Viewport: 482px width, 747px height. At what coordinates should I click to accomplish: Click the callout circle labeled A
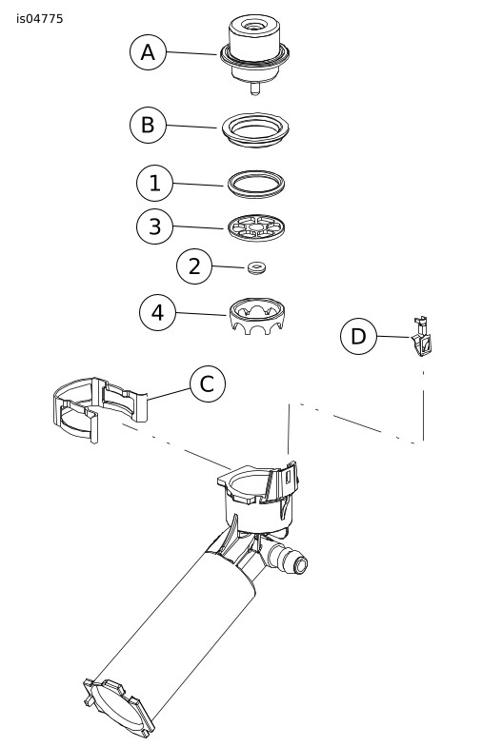point(148,52)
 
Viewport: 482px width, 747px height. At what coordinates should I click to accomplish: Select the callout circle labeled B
point(148,125)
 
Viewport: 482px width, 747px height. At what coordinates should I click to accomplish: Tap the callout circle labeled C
point(208,384)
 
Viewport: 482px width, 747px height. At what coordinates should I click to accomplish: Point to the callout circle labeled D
point(358,336)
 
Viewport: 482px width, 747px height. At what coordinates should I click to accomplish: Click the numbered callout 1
point(154,183)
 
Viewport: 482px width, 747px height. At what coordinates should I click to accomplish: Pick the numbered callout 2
point(194,266)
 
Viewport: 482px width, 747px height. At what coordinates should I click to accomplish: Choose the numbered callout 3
point(154,226)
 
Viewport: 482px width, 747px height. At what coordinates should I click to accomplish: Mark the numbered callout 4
point(157,312)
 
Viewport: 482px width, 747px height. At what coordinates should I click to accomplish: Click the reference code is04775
point(40,19)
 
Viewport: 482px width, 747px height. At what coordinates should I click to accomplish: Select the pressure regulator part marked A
point(254,52)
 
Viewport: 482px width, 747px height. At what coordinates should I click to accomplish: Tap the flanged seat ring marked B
point(255,129)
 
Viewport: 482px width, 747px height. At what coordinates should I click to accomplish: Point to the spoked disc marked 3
point(256,228)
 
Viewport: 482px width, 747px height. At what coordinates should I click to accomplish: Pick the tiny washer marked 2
point(257,268)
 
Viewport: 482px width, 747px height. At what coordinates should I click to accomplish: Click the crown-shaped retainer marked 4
point(257,316)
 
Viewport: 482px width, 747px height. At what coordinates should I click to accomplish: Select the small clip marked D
point(422,337)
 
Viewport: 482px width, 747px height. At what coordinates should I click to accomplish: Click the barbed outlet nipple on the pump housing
point(289,558)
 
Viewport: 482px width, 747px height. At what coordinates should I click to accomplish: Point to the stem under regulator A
point(255,89)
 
